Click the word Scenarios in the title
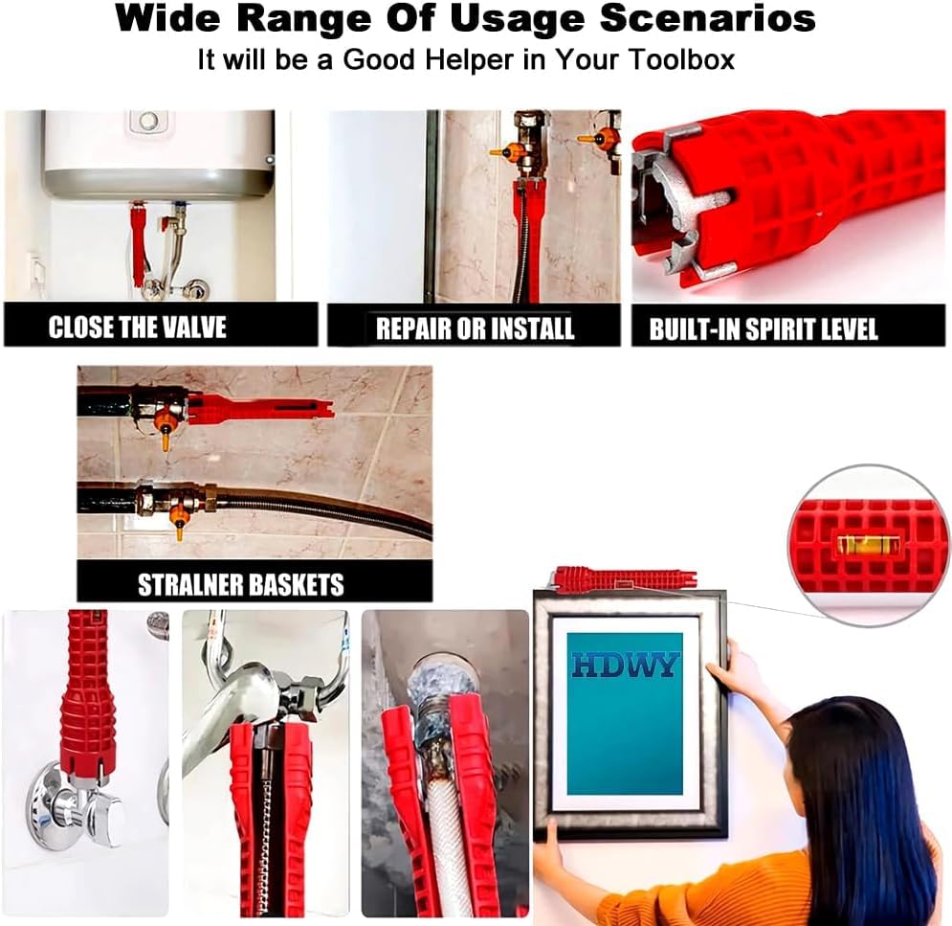click(707, 18)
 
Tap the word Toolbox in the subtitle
click(681, 59)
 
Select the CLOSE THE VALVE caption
click(137, 327)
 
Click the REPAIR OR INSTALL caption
click(475, 328)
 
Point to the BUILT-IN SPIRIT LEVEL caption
click(764, 328)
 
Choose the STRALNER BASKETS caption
click(240, 584)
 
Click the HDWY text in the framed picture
click(624, 665)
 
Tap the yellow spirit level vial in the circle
click(861, 545)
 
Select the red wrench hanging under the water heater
click(137, 246)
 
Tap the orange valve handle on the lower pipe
click(179, 521)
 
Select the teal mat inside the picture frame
click(624, 714)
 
